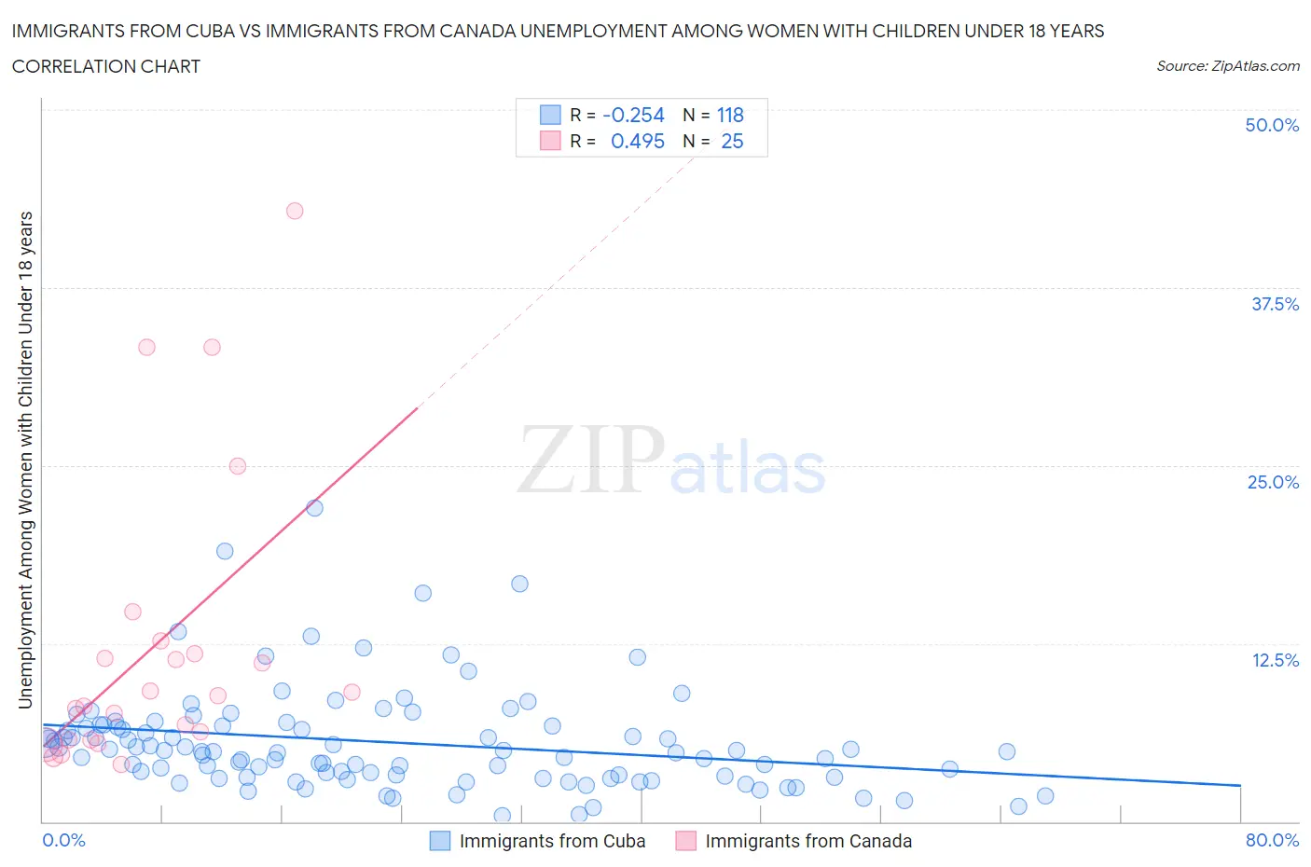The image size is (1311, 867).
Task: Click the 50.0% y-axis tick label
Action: point(1272,125)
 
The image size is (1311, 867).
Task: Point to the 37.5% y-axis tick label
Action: point(1274,304)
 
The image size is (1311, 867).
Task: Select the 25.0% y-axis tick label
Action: point(1273,482)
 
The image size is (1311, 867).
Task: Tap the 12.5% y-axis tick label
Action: point(1274,660)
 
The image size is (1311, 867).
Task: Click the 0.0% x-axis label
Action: point(63,840)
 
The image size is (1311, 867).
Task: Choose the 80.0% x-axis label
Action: point(1272,840)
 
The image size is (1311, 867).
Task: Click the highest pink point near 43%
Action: point(295,211)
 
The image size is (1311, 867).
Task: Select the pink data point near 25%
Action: point(238,466)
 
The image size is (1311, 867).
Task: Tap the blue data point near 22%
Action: point(315,508)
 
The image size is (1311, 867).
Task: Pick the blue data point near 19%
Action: point(225,551)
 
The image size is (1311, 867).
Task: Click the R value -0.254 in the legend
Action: point(633,116)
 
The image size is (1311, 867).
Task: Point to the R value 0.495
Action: point(637,142)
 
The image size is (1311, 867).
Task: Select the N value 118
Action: point(730,116)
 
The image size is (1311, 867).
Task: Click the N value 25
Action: point(732,142)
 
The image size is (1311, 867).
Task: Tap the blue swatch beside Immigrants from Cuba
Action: point(439,841)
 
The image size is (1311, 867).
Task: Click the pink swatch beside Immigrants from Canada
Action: point(685,841)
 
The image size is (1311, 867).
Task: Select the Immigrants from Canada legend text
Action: point(808,841)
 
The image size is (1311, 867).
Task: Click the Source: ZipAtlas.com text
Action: point(1227,66)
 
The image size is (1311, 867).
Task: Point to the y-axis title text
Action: point(26,460)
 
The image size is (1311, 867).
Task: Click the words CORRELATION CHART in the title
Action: point(106,66)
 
